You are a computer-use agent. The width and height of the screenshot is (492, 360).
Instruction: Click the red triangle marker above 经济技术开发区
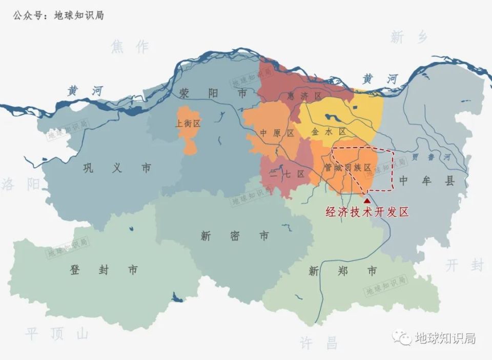[x=366, y=201]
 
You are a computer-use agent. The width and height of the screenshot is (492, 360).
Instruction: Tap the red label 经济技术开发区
[x=368, y=212]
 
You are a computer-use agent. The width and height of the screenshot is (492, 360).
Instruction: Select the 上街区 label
[x=188, y=124]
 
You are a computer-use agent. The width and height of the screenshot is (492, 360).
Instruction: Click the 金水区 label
[x=329, y=132]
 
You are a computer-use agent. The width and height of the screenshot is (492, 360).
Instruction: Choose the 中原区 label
[x=277, y=133]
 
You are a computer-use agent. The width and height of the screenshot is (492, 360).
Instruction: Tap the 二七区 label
[x=287, y=174]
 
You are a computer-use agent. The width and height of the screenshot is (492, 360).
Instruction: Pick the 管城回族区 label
[x=346, y=167]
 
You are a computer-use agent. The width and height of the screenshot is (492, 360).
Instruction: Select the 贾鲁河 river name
[x=426, y=157]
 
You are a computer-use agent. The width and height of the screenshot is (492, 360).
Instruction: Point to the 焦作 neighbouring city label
[x=129, y=47]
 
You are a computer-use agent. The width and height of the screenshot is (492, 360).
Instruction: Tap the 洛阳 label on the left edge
[x=19, y=184]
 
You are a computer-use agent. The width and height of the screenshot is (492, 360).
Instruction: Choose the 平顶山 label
[x=56, y=334]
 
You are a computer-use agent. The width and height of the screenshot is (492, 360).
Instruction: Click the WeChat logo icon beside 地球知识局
[x=402, y=337]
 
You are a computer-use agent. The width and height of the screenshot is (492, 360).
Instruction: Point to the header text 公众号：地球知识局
[x=58, y=15]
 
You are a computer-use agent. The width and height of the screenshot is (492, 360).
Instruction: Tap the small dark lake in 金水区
[x=333, y=118]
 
